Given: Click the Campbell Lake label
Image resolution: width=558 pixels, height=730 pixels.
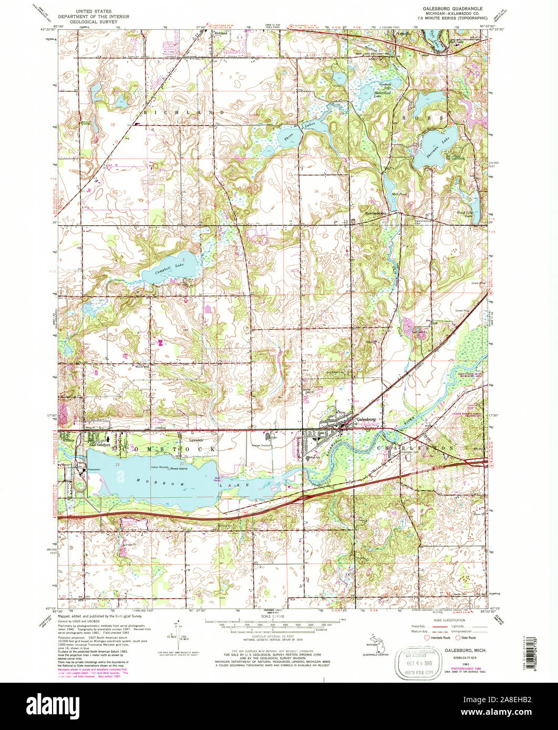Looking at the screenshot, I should (170, 268).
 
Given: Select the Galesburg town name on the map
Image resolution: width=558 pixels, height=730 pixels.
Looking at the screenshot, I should (364, 420).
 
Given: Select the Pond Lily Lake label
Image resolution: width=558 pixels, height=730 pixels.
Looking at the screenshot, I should (467, 214).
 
